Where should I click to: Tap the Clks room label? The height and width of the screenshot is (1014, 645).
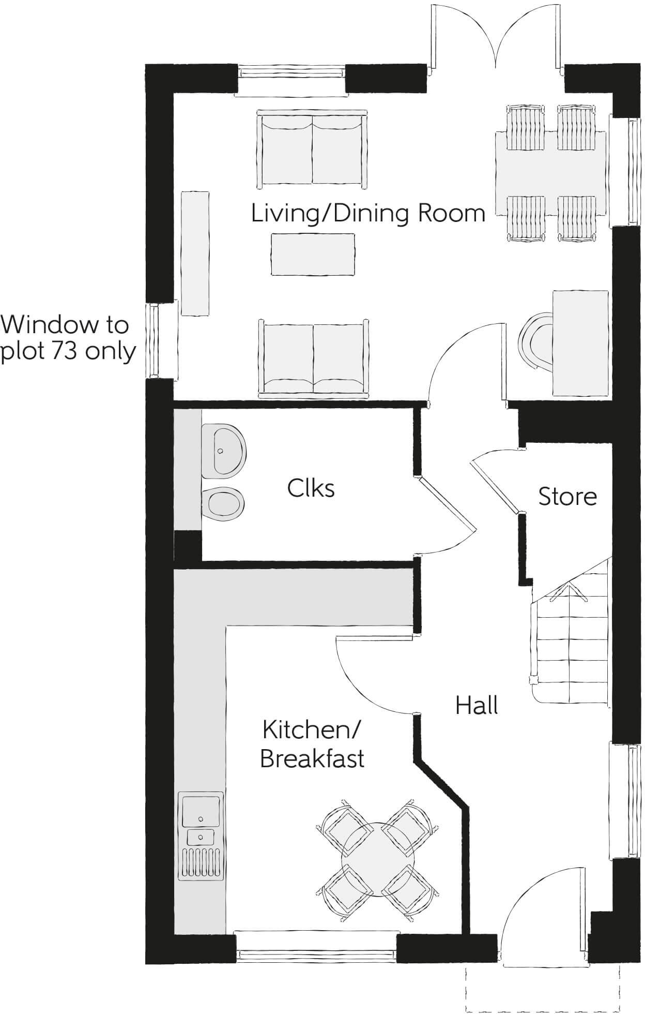[311, 488]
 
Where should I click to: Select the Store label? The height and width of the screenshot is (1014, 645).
[567, 497]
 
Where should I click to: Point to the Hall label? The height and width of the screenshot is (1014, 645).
[477, 706]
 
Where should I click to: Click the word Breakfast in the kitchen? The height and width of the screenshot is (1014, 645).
[312, 758]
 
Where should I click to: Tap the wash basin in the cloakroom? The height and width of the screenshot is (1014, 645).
[223, 451]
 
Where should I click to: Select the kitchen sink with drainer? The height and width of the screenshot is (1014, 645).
[201, 836]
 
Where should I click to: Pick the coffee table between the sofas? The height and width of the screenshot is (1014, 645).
[313, 254]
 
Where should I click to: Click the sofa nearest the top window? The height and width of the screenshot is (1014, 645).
[312, 149]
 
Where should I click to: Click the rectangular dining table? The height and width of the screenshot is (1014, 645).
[550, 174]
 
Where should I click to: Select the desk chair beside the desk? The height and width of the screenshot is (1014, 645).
[534, 341]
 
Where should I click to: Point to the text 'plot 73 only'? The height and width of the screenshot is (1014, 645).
[68, 352]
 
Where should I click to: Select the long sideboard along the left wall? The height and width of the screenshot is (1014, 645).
[195, 253]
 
